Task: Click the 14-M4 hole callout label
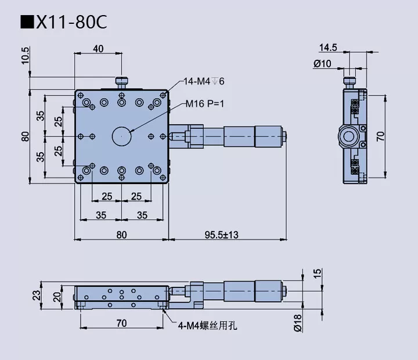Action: coord(204,81)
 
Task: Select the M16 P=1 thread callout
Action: coord(204,104)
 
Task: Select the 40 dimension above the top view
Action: coord(98,49)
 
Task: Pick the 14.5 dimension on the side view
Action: coord(328,46)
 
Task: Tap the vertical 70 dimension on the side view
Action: coord(381,136)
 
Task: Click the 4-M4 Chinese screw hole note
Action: coord(207,326)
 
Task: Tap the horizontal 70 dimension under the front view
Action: coord(121,323)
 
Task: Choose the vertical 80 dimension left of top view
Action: coord(25,136)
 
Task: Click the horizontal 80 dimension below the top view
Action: coord(121,235)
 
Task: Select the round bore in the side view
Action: coord(350,137)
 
